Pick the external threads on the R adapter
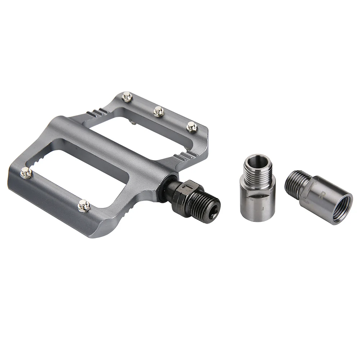tap(296, 183)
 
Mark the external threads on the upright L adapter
tap(257, 171)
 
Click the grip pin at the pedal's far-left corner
tap(26, 173)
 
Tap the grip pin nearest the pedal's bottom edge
tap(84, 205)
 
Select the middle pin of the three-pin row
tap(159, 111)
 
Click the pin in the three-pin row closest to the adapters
tap(192, 127)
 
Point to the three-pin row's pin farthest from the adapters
tap(127, 96)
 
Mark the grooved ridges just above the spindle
tap(185, 156)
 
